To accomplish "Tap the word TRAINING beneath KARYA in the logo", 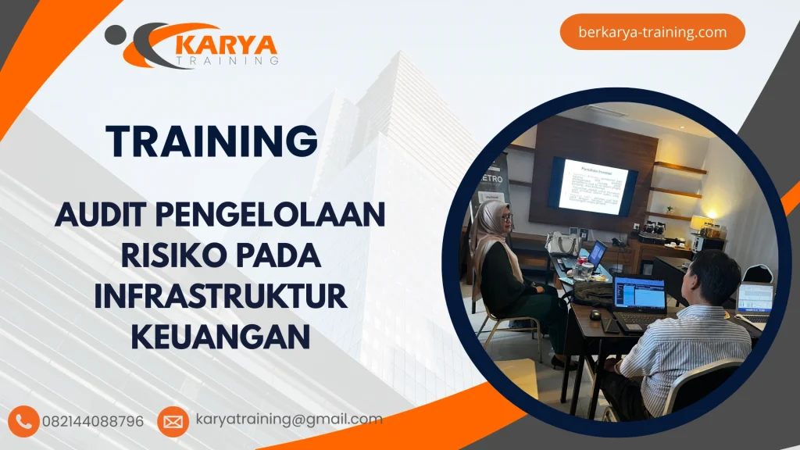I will [227, 60].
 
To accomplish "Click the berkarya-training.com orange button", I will [652, 32].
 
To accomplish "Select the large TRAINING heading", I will [212, 141].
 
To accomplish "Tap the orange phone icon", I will [24, 421].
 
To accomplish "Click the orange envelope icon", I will [173, 422].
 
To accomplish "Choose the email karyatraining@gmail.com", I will [289, 420].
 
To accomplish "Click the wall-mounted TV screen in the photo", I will [593, 186].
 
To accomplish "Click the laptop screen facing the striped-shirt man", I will [639, 292].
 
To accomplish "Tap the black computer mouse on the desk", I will [596, 314].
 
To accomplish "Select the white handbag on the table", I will [562, 245].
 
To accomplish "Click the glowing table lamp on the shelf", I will [699, 223].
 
